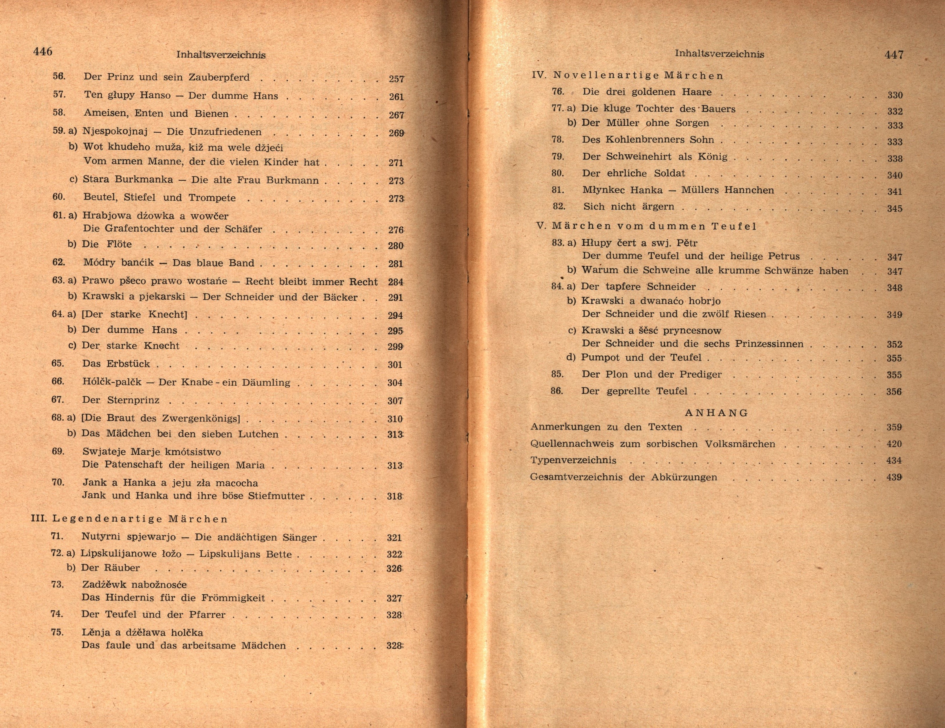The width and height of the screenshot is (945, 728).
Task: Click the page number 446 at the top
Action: [43, 52]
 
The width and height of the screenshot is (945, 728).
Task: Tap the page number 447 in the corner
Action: [894, 55]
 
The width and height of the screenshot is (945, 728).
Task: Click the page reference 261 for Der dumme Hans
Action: [396, 97]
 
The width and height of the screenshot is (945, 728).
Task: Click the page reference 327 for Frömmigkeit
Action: [394, 599]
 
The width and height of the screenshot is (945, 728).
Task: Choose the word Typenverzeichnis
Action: [573, 460]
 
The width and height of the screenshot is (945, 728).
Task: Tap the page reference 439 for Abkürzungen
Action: [894, 477]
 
